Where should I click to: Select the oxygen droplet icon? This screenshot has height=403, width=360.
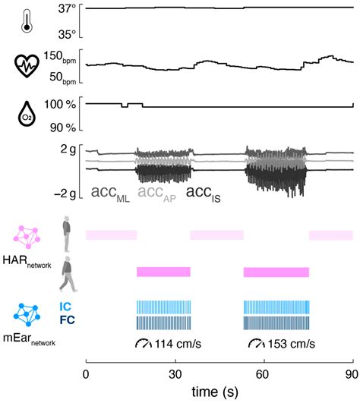28,114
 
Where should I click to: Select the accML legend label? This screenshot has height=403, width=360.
110,194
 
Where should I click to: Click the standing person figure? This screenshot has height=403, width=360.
68,234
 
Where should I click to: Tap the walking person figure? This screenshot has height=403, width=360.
68,274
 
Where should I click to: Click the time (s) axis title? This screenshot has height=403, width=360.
219,393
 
